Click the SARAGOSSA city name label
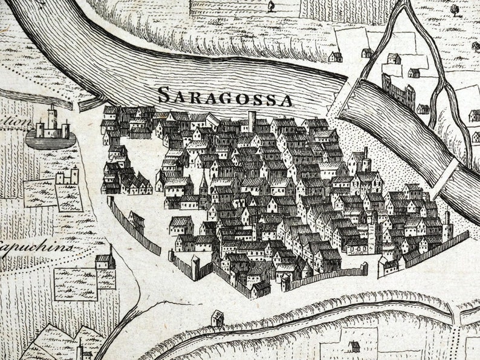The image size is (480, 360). pos(225,96)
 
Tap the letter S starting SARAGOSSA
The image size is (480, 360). pos(163,94)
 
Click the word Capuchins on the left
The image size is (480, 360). pos(36,248)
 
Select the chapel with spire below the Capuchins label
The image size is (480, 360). pos(106,260)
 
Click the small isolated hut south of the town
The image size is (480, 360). pos(217,318)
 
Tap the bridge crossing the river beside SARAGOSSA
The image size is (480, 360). pos(340,96)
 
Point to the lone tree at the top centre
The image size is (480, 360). pos(270,6)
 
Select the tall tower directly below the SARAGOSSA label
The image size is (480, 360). pos(252,121)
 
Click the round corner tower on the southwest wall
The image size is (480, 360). pos(195,266)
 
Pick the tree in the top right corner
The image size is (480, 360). pos(454,10)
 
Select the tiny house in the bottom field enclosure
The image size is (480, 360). pos(354,346)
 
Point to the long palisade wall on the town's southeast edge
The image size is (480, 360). pos(435,248)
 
